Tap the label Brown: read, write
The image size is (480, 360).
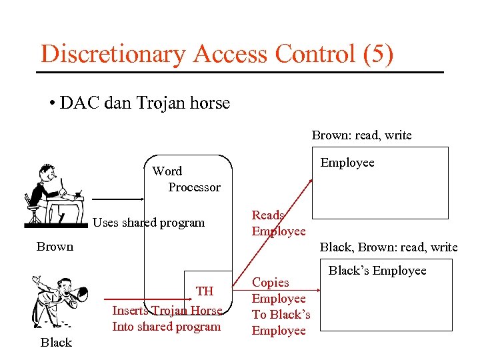361,135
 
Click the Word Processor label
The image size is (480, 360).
187,179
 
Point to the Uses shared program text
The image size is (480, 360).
149,223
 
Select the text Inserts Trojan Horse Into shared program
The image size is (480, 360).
167,319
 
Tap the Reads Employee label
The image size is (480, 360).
278,223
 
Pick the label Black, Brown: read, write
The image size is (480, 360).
389,247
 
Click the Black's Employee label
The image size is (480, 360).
377,271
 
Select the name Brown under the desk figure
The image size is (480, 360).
55,247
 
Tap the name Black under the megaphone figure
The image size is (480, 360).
56,343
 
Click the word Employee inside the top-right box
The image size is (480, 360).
347,163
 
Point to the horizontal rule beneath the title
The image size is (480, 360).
240,72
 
